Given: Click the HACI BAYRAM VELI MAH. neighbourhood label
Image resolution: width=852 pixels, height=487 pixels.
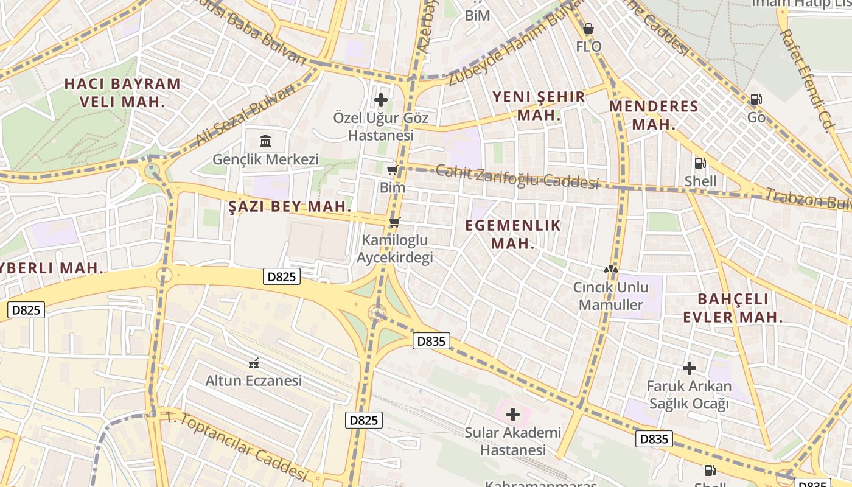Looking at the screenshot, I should (122, 93).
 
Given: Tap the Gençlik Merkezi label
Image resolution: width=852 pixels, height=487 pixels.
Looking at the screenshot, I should (265, 159).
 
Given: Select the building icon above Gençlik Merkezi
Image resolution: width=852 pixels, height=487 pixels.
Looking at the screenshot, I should (265, 141).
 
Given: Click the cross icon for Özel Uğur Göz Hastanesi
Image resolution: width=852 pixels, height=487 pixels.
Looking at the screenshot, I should (381, 99).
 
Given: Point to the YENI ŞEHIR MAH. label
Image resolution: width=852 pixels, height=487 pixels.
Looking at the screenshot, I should (539, 105).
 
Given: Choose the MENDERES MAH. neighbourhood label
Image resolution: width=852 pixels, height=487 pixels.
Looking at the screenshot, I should (654, 115).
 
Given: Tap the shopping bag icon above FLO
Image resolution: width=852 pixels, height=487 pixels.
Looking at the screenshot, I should (588, 29).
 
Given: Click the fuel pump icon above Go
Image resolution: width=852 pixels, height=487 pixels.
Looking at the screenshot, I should (756, 99).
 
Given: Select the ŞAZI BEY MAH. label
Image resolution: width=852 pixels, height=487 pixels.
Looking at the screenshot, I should (290, 206).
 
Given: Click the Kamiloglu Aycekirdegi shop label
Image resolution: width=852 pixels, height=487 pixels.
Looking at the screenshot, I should (394, 248).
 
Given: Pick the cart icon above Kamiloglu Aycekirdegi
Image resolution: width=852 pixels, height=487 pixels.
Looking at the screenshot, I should (394, 223).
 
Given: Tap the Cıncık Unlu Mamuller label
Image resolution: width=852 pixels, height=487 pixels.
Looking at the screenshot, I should (610, 295).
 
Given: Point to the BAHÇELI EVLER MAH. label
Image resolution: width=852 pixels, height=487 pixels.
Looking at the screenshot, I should (733, 308).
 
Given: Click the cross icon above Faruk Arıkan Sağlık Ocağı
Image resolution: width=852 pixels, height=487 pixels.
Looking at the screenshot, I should (689, 368).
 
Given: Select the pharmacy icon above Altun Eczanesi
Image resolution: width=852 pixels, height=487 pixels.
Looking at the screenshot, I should (254, 363).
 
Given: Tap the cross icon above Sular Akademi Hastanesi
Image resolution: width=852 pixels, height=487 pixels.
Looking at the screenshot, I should (513, 415).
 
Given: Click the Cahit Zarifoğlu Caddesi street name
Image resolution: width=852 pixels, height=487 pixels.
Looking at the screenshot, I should (517, 177).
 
